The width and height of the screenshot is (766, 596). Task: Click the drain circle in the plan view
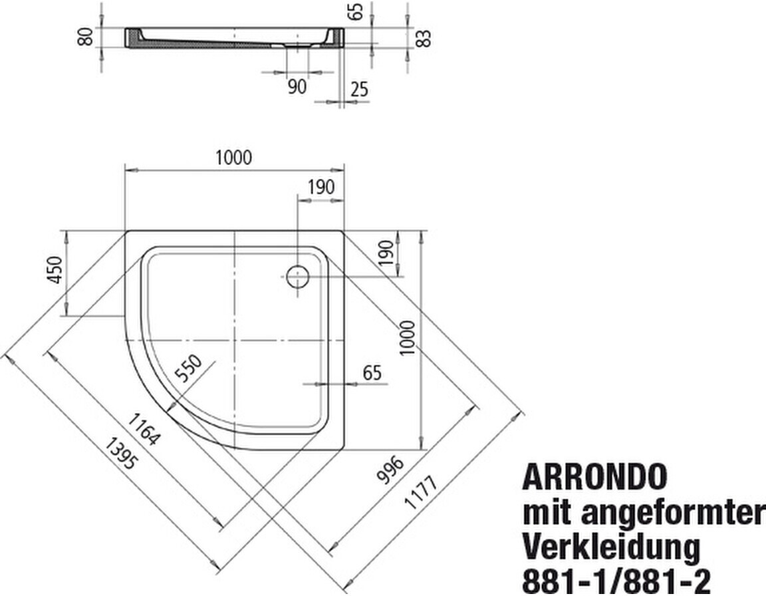pyautogui.click(x=297, y=275)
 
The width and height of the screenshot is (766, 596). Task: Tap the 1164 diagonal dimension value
pyautogui.click(x=143, y=430)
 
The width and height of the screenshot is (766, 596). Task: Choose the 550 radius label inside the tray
pyautogui.click(x=188, y=369)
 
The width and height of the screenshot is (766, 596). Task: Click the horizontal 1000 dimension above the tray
pyautogui.click(x=233, y=158)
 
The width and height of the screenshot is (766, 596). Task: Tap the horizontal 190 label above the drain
pyautogui.click(x=320, y=188)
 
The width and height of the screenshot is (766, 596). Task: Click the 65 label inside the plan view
pyautogui.click(x=373, y=373)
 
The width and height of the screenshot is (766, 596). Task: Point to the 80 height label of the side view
pyautogui.click(x=84, y=37)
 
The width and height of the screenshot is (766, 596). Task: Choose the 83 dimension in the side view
pyautogui.click(x=424, y=38)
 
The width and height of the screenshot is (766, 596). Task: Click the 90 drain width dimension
pyautogui.click(x=297, y=86)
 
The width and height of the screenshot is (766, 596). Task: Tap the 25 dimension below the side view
pyautogui.click(x=359, y=88)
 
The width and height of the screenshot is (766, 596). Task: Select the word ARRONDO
pyautogui.click(x=594, y=477)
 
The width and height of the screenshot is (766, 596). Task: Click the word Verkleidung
pyautogui.click(x=612, y=548)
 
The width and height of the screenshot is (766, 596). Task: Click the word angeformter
pyautogui.click(x=672, y=513)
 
